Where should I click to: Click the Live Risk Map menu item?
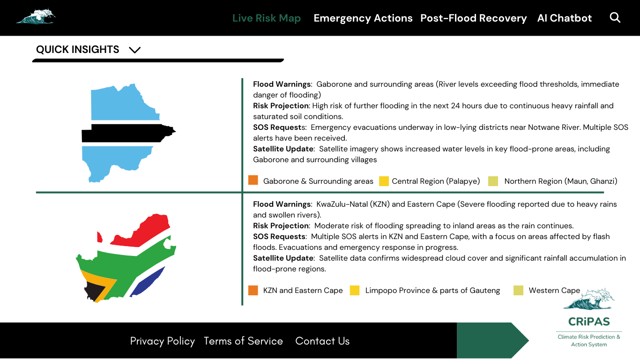pyautogui.click(x=266, y=18)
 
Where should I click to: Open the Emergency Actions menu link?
pyautogui.click(x=363, y=18)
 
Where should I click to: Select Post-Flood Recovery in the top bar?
pyautogui.click(x=473, y=18)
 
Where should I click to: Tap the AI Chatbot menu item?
pyautogui.click(x=564, y=18)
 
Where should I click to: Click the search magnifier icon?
pyautogui.click(x=615, y=18)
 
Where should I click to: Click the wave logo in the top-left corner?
pyautogui.click(x=36, y=16)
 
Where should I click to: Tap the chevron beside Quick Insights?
pyautogui.click(x=134, y=50)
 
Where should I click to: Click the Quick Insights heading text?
pyautogui.click(x=78, y=50)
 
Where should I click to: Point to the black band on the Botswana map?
pyautogui.click(x=127, y=133)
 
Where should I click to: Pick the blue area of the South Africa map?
pyautogui.click(x=148, y=281)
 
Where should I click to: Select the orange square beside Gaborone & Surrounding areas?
pyautogui.click(x=253, y=180)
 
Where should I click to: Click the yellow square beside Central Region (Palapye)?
pyautogui.click(x=384, y=181)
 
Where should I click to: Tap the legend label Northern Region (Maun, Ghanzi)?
pyautogui.click(x=560, y=181)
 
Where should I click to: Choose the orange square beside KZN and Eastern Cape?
pyautogui.click(x=253, y=290)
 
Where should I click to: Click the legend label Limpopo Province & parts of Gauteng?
pyautogui.click(x=432, y=291)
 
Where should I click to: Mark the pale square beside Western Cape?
pyautogui.click(x=518, y=291)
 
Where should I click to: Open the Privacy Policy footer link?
pyautogui.click(x=162, y=341)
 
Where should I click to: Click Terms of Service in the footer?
pyautogui.click(x=243, y=341)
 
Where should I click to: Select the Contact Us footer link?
pyautogui.click(x=322, y=341)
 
